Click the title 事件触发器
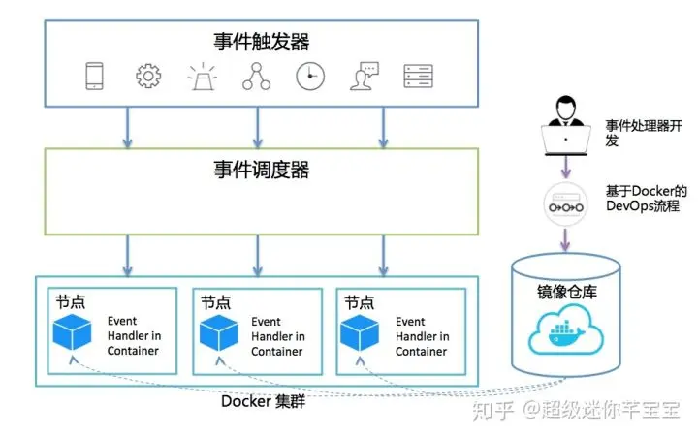point(262,42)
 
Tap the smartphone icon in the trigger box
point(94,77)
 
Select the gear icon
point(148,77)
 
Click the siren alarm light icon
point(203,77)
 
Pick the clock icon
point(310,77)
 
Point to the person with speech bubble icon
point(365,77)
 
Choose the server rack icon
point(419,77)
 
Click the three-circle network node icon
point(256,77)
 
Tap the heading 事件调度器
point(262,170)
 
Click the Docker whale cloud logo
point(566,329)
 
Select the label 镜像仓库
point(567,292)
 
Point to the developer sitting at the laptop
point(566,126)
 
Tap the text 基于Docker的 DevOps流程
point(646,199)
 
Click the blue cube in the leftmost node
point(72,332)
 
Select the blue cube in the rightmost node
point(360,333)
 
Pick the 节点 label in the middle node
point(216,302)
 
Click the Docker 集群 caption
point(263,401)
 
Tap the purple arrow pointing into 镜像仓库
point(565,240)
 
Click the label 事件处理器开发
point(644,133)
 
